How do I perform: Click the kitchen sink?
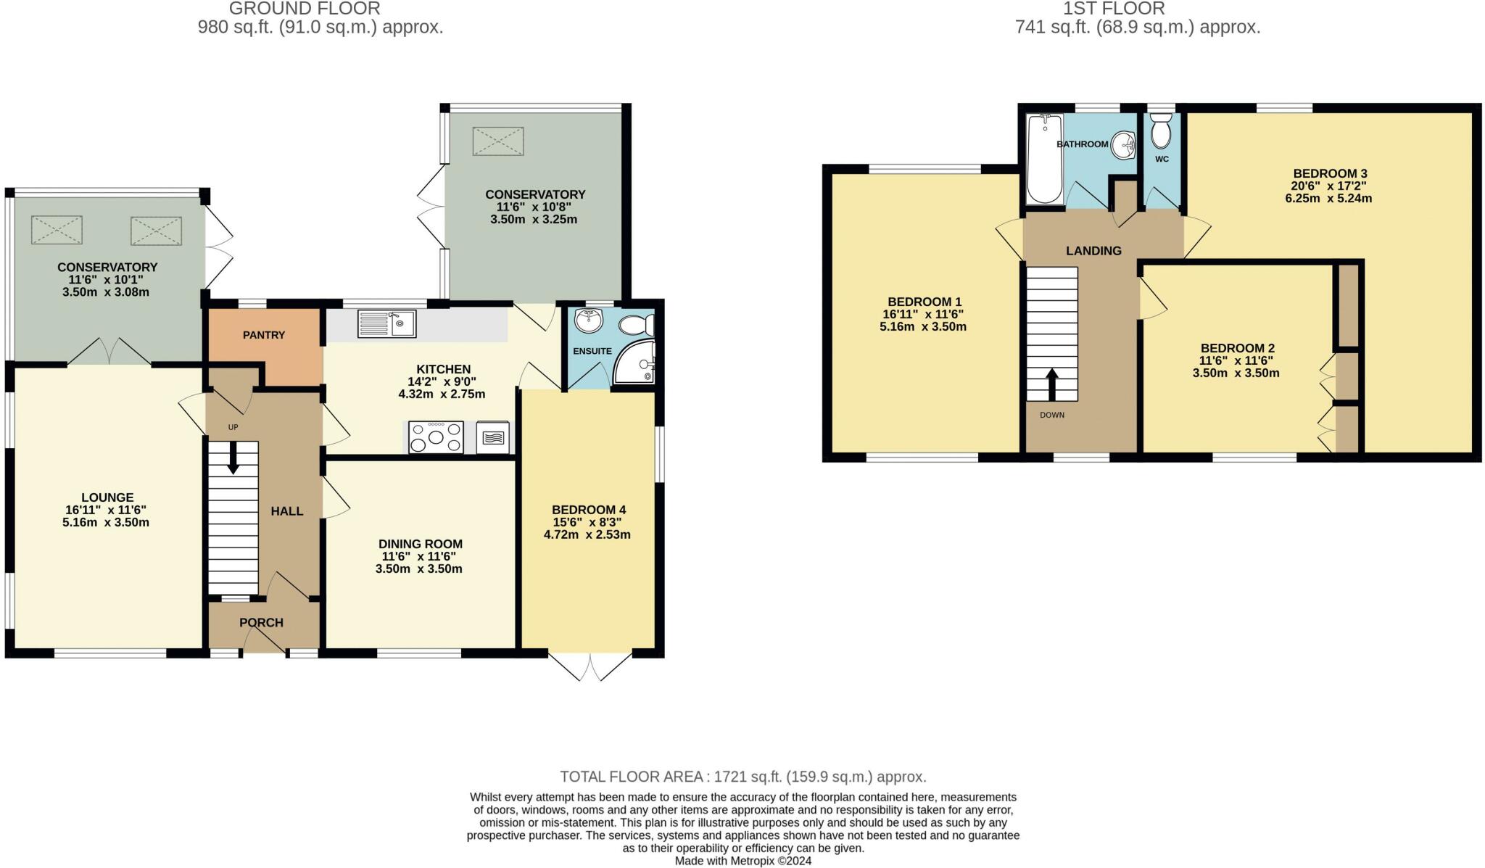[x=386, y=323]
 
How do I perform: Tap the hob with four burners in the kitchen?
[x=436, y=437]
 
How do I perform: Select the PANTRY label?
[x=264, y=335]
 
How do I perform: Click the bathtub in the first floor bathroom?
[x=1044, y=159]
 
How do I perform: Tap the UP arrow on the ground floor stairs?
[x=233, y=458]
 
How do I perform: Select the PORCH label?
[x=261, y=623]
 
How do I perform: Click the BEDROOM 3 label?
[x=1330, y=173]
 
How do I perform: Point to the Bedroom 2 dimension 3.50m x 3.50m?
[x=1236, y=373]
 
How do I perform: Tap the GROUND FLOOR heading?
[x=305, y=9]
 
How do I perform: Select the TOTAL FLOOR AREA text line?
[x=742, y=777]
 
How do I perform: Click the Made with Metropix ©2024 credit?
[x=742, y=861]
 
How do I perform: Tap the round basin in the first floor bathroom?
[x=1123, y=144]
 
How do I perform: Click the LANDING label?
[x=1093, y=251]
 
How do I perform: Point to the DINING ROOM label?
[x=420, y=544]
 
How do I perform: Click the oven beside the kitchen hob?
[x=493, y=437]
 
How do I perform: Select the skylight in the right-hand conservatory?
[x=497, y=141]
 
